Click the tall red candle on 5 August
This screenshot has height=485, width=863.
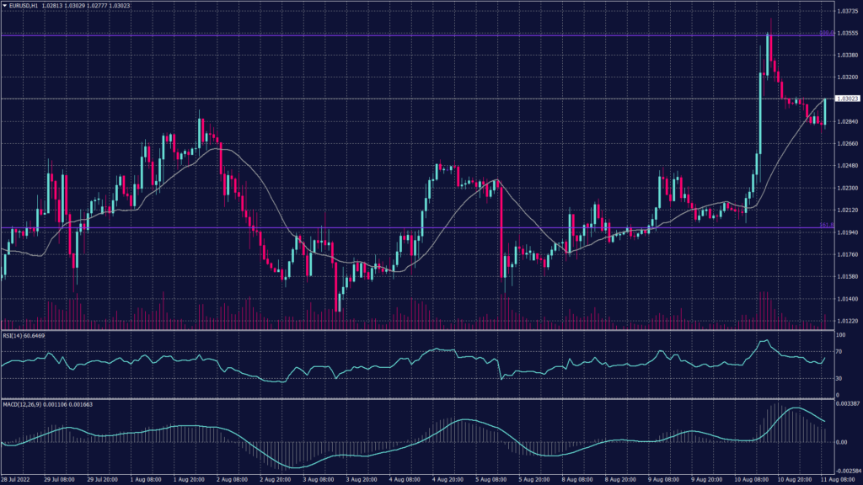tap(503, 227)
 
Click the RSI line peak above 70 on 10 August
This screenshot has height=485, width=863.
tap(765, 341)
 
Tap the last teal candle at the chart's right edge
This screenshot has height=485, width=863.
tap(825, 111)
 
